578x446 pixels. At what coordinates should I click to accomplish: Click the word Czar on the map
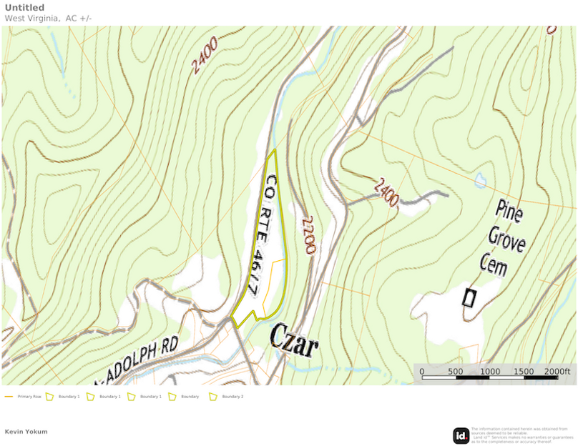click(x=293, y=341)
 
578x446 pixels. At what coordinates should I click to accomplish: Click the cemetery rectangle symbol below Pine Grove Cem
click(x=469, y=297)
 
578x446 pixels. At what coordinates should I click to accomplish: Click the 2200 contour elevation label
click(x=309, y=236)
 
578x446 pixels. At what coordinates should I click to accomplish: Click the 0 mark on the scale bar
click(x=421, y=371)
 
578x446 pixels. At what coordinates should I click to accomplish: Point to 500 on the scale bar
click(x=456, y=371)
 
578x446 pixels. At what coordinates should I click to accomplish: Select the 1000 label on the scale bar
click(x=490, y=371)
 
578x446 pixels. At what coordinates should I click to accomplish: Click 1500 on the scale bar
click(x=524, y=371)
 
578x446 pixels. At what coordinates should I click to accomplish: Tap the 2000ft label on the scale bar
click(x=558, y=371)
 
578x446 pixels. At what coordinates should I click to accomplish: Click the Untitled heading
click(x=24, y=8)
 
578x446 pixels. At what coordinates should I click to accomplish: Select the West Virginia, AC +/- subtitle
click(x=48, y=18)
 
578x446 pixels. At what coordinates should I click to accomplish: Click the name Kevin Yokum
click(x=26, y=432)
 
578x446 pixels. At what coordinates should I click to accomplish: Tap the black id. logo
click(x=461, y=435)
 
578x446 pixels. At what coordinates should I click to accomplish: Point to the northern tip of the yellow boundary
click(x=275, y=150)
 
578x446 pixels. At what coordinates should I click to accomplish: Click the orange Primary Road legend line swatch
click(x=9, y=396)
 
